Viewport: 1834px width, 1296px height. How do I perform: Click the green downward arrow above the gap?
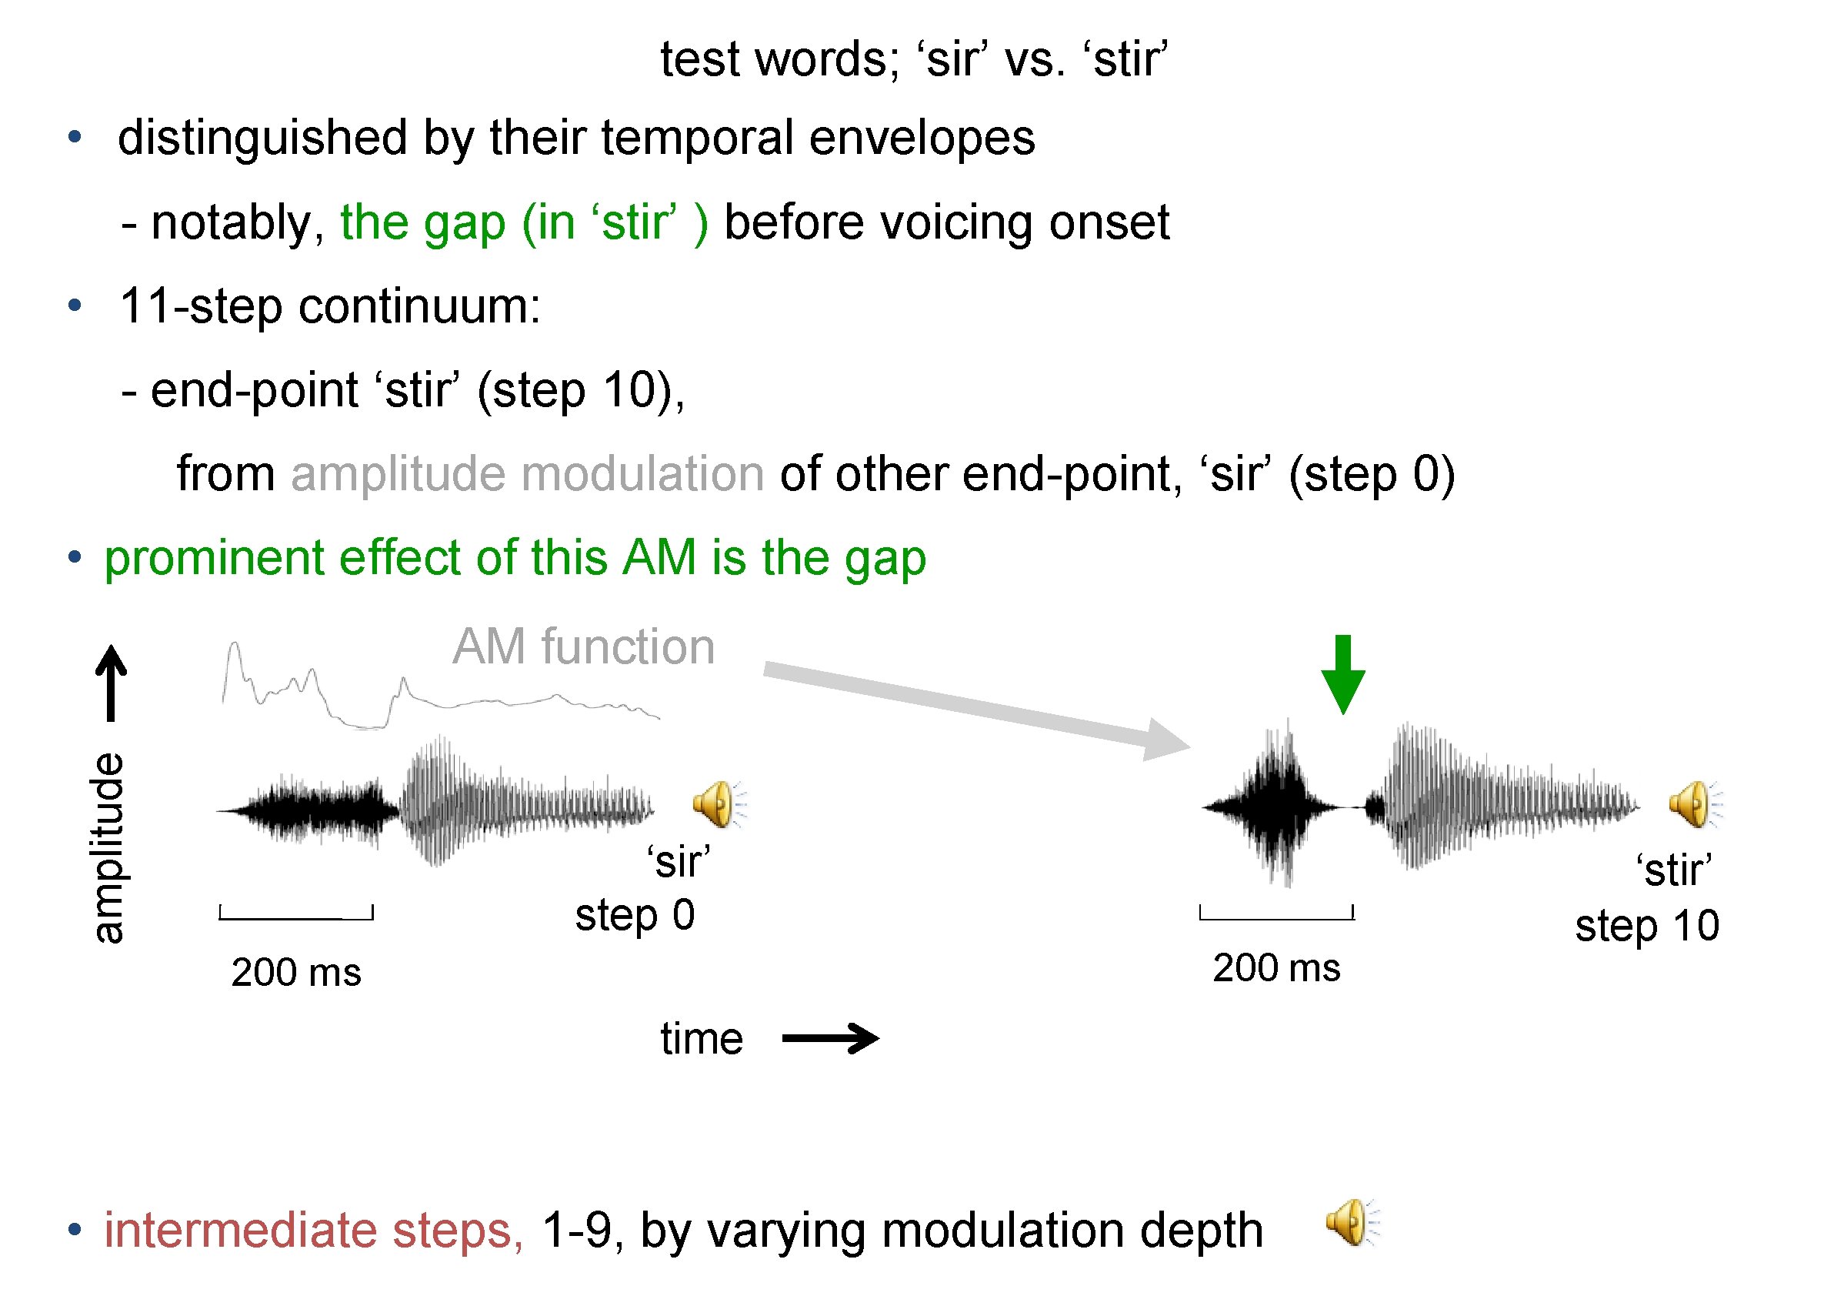click(x=1342, y=673)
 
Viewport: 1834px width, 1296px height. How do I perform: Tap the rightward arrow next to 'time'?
click(x=830, y=1038)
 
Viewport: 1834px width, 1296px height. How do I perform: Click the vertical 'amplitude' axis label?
click(x=107, y=848)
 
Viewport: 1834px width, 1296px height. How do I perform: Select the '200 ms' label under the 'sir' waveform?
click(x=296, y=973)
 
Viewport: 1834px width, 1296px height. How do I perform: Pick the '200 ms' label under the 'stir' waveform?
click(x=1276, y=967)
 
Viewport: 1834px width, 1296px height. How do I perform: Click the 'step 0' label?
click(x=635, y=915)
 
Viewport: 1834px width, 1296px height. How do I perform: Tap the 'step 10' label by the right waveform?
click(x=1647, y=925)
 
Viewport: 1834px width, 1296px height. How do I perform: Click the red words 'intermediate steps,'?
click(x=314, y=1230)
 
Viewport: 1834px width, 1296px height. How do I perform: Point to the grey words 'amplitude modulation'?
click(x=527, y=474)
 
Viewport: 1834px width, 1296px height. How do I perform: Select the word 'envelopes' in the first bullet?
click(x=922, y=138)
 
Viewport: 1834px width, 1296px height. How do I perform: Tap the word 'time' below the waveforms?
click(x=702, y=1039)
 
